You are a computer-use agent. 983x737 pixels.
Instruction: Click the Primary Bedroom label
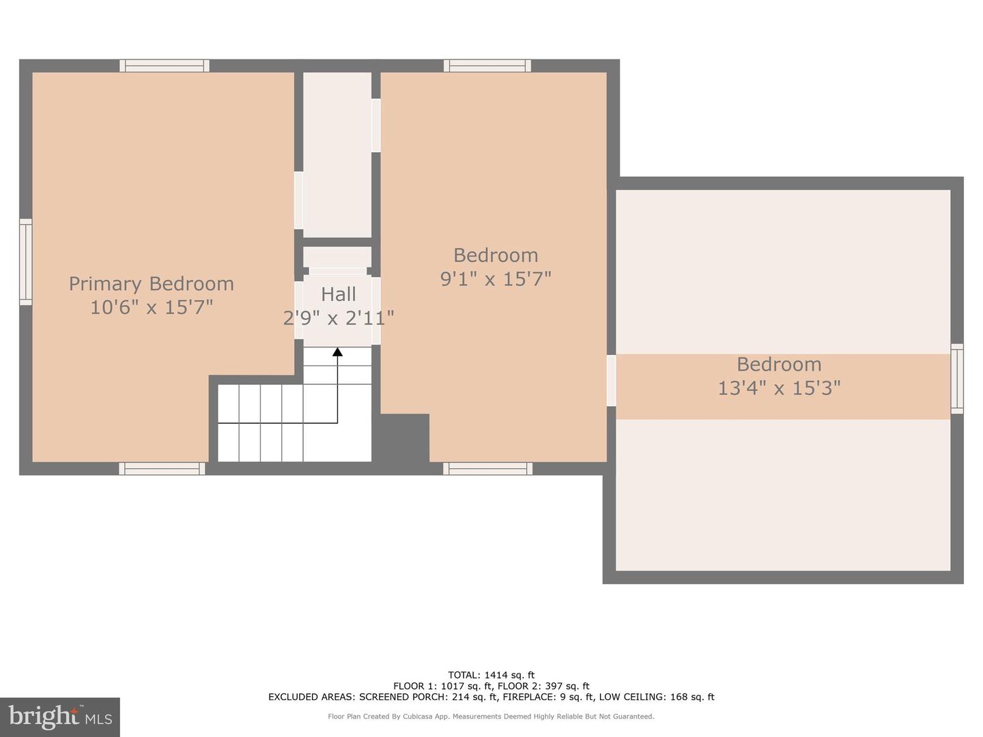[151, 284]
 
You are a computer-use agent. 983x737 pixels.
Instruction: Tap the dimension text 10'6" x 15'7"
[151, 308]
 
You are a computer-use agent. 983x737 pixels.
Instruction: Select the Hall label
[339, 294]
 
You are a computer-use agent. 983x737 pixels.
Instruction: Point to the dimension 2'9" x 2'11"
[339, 318]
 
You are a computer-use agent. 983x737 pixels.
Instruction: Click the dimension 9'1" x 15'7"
[496, 279]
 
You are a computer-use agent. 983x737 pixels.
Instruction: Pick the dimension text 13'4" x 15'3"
[779, 388]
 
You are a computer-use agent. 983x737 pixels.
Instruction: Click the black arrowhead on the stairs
[337, 352]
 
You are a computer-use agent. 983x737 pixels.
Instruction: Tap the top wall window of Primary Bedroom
[165, 66]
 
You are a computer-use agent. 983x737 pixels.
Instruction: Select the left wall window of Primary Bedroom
[25, 262]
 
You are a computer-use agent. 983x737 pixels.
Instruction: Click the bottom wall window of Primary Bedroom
[162, 468]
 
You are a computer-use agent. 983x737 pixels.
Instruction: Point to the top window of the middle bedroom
[487, 66]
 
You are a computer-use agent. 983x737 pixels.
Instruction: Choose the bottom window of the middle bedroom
[487, 468]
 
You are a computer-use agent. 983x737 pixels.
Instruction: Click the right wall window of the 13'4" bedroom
[957, 379]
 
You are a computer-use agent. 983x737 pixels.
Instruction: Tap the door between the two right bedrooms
[611, 380]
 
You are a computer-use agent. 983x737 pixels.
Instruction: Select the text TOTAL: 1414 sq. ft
[491, 675]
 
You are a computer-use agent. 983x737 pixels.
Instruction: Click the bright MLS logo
[60, 717]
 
